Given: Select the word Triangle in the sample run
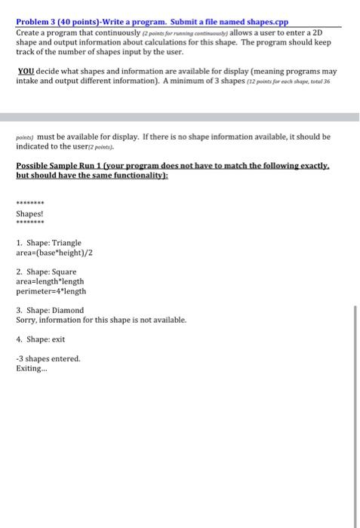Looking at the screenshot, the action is point(66,244).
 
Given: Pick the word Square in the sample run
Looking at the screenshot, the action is point(63,271).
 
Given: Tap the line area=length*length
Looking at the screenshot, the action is point(49,281).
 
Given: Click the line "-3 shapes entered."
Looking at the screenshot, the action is point(48,358).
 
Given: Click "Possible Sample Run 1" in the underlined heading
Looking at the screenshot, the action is point(57,164).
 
